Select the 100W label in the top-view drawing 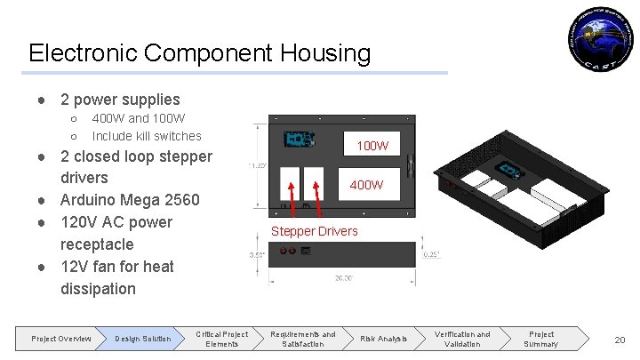click(372, 145)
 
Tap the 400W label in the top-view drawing click(366, 185)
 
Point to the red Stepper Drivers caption click(315, 231)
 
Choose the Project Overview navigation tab click(60, 339)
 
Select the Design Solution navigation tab click(142, 339)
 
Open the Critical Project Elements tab click(221, 339)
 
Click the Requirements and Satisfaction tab click(303, 339)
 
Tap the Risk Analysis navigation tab click(383, 339)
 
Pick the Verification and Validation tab click(462, 339)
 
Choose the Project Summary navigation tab click(540, 339)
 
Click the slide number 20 click(620, 340)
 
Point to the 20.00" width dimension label click(342, 278)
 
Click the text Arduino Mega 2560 click(130, 200)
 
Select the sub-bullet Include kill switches click(147, 136)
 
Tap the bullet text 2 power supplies click(120, 100)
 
